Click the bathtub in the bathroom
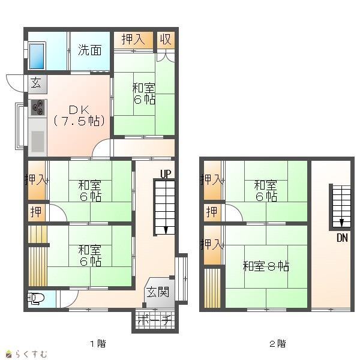pos(37,56)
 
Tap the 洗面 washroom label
pos(90,50)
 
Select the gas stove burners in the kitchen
pos(38,107)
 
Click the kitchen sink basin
pos(38,142)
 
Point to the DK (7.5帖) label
pos(79,115)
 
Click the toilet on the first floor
pos(35,298)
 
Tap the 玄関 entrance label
pos(158,292)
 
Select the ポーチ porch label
pos(155,321)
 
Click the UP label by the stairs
pos(166,174)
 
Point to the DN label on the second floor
pos(342,238)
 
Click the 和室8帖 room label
pos(266,266)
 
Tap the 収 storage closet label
pos(166,39)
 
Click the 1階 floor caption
pos(98,344)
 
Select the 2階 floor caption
pos(278,344)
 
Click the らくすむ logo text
pos(31,354)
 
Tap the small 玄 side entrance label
pos(36,83)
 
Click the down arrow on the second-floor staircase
pos(341,223)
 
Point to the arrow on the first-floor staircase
pos(166,230)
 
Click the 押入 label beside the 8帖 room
pos(212,245)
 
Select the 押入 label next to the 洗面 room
pos(133,39)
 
